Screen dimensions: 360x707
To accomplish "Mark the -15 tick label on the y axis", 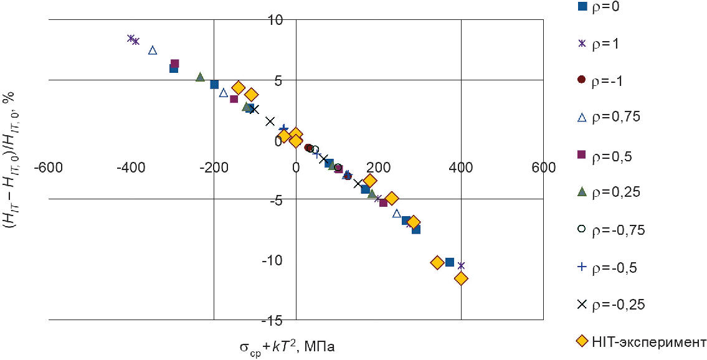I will point(274,320).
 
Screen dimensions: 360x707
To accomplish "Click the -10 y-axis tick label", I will point(274,260).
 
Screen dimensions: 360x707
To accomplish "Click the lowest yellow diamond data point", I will point(461,278).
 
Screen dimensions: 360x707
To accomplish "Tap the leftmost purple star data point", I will point(131,38).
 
